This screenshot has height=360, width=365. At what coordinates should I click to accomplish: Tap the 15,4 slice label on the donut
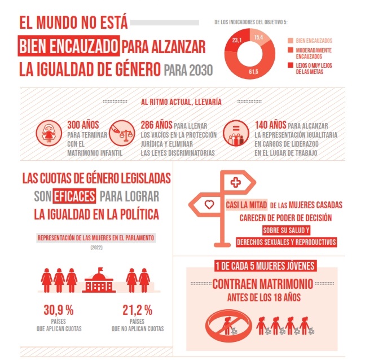pos(259,37)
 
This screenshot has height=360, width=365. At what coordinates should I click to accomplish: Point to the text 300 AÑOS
pos(83,125)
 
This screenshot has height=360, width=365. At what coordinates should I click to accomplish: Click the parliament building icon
pos(99,280)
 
